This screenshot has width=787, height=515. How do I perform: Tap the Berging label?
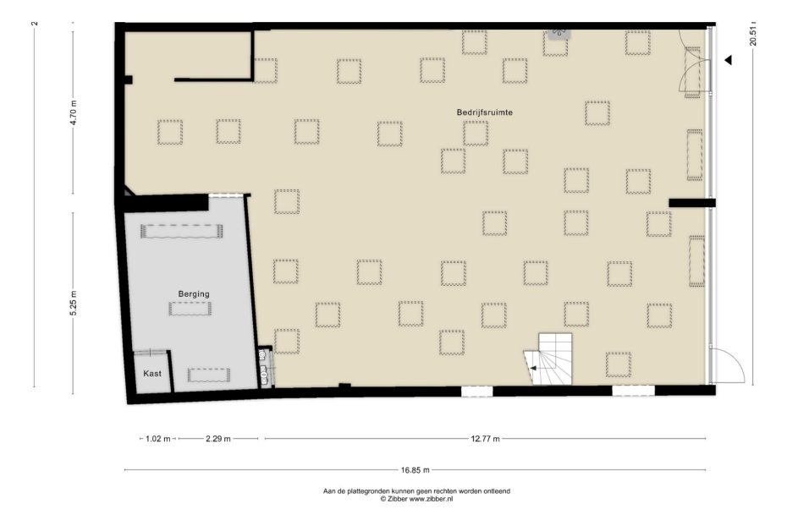click(194, 293)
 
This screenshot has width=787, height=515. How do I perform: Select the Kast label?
click(152, 373)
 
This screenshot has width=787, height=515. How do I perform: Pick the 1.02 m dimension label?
click(157, 439)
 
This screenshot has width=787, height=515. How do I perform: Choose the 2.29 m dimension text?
click(218, 439)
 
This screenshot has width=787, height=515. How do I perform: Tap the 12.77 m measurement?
click(485, 439)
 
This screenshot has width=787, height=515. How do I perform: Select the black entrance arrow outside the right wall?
click(727, 60)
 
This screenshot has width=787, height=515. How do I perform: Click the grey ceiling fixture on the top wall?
click(559, 32)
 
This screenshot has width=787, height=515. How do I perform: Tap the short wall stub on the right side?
click(691, 203)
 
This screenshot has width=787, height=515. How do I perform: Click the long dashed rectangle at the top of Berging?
click(182, 231)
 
